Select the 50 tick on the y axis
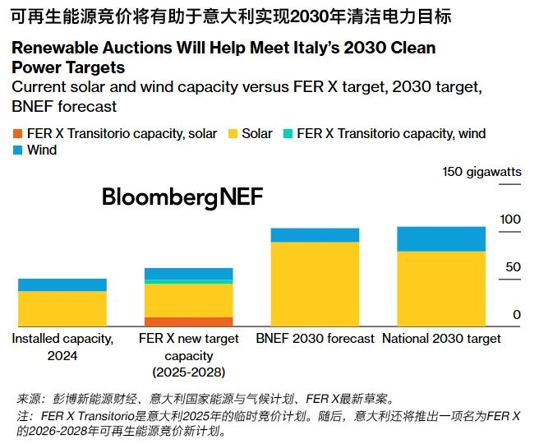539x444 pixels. click(x=514, y=266)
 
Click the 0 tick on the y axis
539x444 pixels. click(x=518, y=314)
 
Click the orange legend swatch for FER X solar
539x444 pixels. click(x=18, y=133)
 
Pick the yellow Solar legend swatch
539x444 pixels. click(x=233, y=133)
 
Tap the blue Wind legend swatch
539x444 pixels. click(x=18, y=150)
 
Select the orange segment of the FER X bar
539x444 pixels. click(x=189, y=322)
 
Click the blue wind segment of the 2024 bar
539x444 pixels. click(x=62, y=284)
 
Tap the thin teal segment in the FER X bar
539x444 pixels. click(x=189, y=281)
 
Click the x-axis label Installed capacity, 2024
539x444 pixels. click(x=62, y=346)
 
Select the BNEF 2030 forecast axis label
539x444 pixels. click(x=315, y=338)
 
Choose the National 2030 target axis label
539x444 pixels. click(x=441, y=338)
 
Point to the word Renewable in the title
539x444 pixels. click(x=54, y=48)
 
